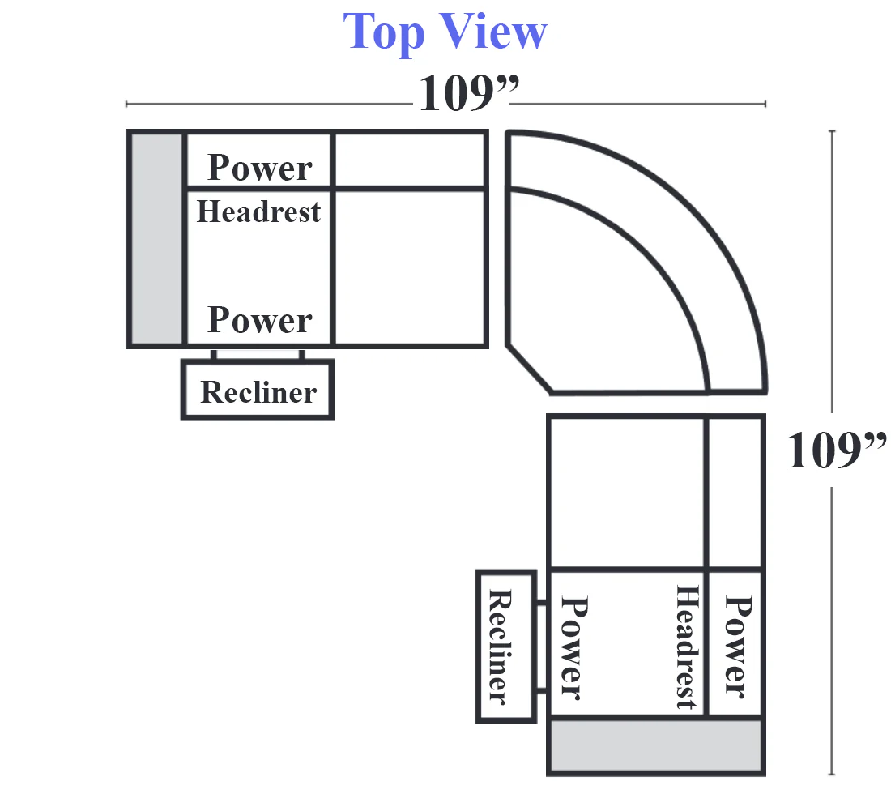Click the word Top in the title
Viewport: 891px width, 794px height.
tap(384, 33)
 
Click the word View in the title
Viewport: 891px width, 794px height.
tap(493, 32)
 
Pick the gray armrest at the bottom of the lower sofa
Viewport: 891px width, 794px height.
tap(656, 745)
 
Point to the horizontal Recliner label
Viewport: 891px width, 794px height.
tap(258, 392)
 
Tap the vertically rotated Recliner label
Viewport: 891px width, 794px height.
tap(501, 647)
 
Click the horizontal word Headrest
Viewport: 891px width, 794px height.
tap(258, 211)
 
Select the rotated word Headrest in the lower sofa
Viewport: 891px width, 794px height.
tap(687, 647)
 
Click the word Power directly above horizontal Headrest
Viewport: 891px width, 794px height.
tap(260, 168)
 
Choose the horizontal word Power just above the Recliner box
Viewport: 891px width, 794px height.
tap(260, 319)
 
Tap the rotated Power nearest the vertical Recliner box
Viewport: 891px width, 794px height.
tap(574, 647)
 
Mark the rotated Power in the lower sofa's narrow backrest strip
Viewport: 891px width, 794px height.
tap(738, 647)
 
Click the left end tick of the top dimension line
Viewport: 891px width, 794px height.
tap(126, 104)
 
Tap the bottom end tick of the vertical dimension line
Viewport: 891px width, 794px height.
tap(832, 774)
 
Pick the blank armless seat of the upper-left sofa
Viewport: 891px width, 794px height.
tap(410, 267)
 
